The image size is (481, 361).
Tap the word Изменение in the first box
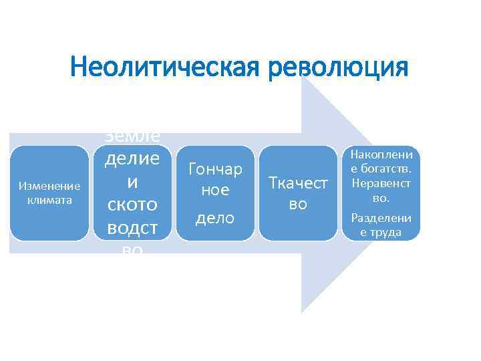49,185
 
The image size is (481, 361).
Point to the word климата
49,199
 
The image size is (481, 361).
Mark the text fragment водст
132,227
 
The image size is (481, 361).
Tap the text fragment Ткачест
298,183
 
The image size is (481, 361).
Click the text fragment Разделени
381,218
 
